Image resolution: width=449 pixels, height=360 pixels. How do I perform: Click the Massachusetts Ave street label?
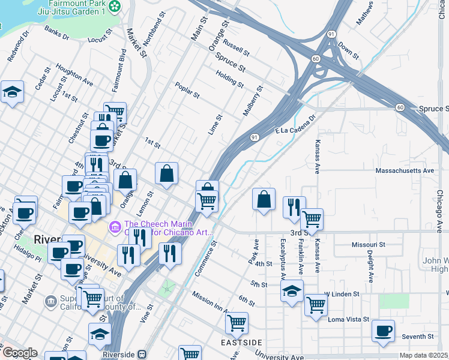pyautogui.click(x=404, y=171)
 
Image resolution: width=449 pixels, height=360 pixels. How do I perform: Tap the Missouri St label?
pyautogui.click(x=368, y=245)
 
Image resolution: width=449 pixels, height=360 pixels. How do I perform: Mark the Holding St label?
pyautogui.click(x=230, y=78)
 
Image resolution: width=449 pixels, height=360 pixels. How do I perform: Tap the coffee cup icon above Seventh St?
pyautogui.click(x=383, y=331)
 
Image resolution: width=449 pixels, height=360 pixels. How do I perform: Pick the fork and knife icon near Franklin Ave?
pyautogui.click(x=294, y=207)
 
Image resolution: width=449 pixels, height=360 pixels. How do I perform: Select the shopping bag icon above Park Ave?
pyautogui.click(x=264, y=200)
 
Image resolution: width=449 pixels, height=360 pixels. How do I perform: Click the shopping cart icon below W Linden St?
pyautogui.click(x=316, y=305)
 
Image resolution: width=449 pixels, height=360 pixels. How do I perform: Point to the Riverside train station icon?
pyautogui.click(x=142, y=354)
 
